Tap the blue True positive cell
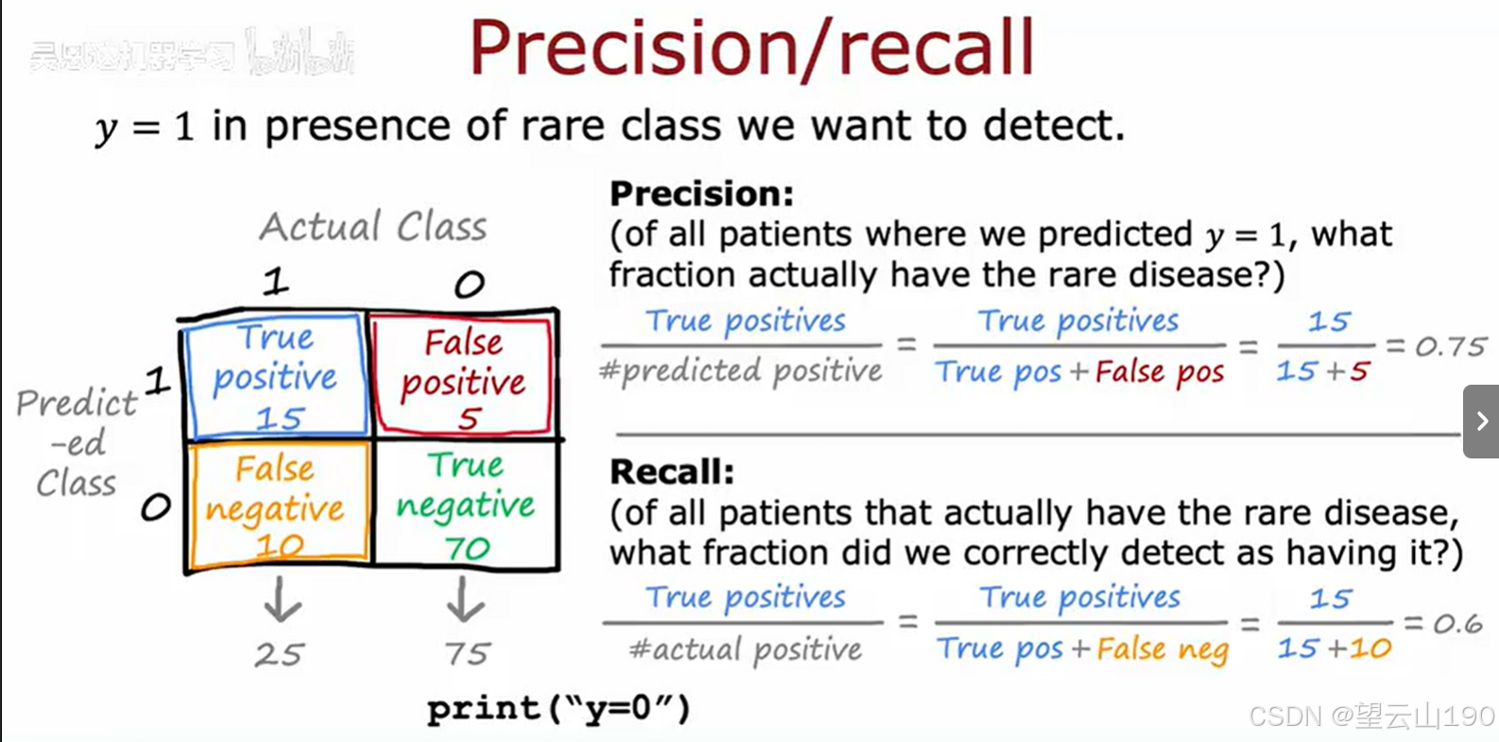[275, 376]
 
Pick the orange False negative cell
[277, 506]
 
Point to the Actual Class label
[373, 227]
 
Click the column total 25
[279, 654]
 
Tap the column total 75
[467, 653]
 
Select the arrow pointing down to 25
[282, 600]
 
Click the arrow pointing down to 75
[464, 599]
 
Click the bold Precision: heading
[701, 194]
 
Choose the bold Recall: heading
[671, 471]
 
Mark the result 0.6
[1456, 624]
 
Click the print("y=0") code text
[558, 708]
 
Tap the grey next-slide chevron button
[1481, 422]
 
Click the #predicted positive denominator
[742, 371]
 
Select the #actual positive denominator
[746, 649]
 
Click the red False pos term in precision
[1160, 372]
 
